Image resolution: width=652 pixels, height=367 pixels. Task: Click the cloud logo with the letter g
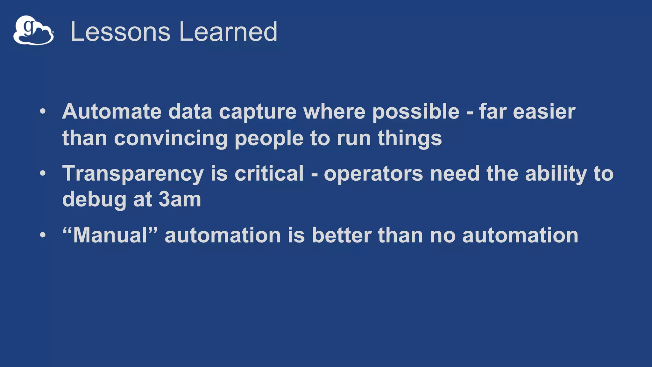click(33, 30)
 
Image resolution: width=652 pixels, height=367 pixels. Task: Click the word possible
click(416, 112)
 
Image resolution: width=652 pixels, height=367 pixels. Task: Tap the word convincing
click(171, 139)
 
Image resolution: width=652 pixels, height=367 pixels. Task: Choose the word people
click(269, 139)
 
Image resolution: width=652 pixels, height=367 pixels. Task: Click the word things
click(410, 139)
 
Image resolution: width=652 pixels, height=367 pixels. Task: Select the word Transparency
click(133, 174)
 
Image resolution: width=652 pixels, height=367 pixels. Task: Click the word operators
click(373, 174)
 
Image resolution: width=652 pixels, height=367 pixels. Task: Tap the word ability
click(556, 174)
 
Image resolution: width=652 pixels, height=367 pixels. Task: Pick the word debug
click(94, 200)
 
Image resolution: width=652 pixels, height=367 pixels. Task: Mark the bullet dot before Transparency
click(43, 173)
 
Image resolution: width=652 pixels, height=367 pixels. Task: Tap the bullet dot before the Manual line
click(43, 235)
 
